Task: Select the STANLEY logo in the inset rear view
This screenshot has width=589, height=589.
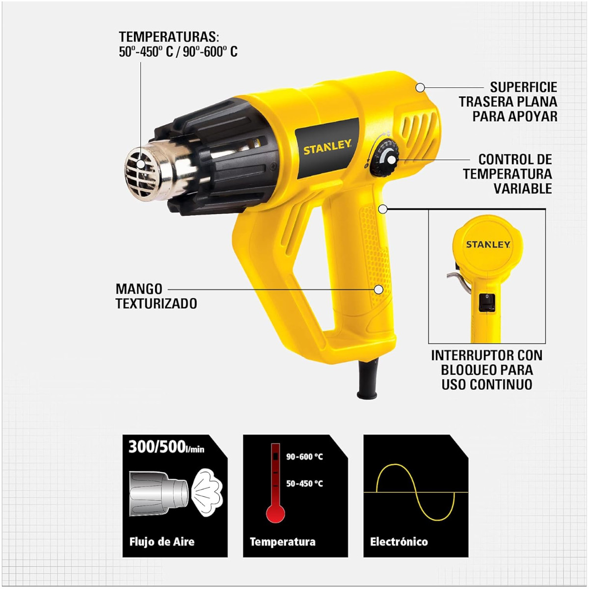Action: [488, 244]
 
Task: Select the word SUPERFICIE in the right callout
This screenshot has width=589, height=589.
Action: [524, 88]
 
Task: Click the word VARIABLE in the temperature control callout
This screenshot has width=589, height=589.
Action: [522, 188]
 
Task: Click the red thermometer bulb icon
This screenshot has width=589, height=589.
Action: [275, 513]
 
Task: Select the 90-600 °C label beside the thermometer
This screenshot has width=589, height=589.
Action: [304, 457]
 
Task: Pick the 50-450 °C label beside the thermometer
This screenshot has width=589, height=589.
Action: [304, 483]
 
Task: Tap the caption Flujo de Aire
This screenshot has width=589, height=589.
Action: [162, 542]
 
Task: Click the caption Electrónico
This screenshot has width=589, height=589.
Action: [399, 542]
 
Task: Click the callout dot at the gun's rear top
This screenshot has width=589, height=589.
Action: [420, 87]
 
